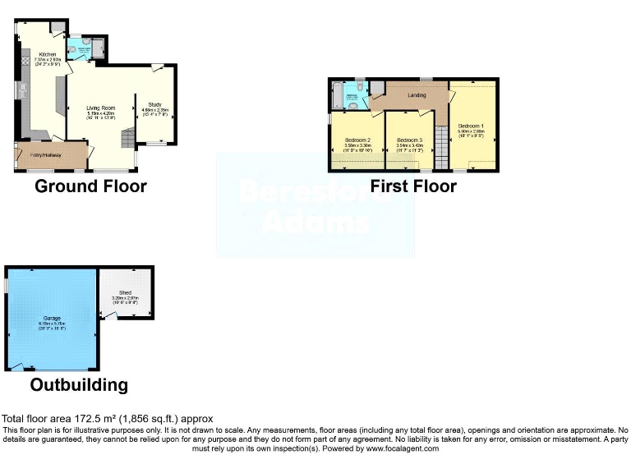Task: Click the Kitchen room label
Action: pyautogui.click(x=47, y=54)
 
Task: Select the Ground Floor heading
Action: pyautogui.click(x=90, y=186)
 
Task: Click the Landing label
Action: pyautogui.click(x=417, y=95)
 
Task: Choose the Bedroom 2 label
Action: pyautogui.click(x=357, y=140)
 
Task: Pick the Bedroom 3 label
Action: pyautogui.click(x=409, y=140)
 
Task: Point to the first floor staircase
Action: pyautogui.click(x=440, y=149)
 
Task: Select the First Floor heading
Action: pyautogui.click(x=413, y=186)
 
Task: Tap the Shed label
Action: pyautogui.click(x=125, y=292)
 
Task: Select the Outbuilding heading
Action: pyautogui.click(x=79, y=384)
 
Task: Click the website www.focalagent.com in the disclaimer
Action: pyautogui.click(x=402, y=448)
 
